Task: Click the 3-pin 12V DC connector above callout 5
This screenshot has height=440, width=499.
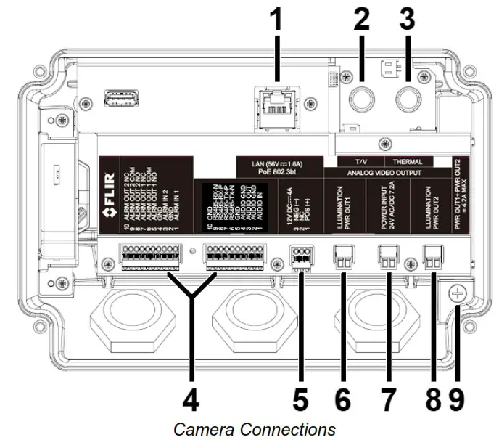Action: pyautogui.click(x=300, y=256)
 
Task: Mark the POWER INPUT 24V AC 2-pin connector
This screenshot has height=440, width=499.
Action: pyautogui.click(x=389, y=255)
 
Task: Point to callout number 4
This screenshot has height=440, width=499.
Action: pyautogui.click(x=191, y=398)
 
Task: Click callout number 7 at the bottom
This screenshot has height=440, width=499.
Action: pyautogui.click(x=389, y=398)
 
